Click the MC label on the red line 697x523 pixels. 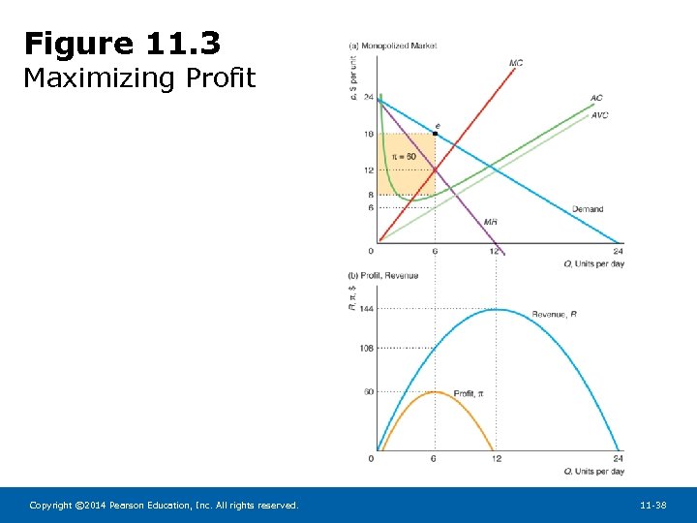coord(516,64)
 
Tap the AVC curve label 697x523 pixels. coord(599,115)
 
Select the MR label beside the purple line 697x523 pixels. coord(491,222)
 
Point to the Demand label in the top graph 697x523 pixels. coord(587,208)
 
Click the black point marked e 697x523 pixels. coord(435,134)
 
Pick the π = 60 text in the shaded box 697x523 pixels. coord(404,157)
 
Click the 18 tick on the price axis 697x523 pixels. coord(369,134)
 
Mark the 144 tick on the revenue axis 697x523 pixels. coord(367,309)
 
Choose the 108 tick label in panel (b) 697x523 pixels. coord(367,348)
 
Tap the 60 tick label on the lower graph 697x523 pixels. coord(369,392)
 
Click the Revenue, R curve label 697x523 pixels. coord(554,314)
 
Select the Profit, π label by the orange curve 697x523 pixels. coord(469,393)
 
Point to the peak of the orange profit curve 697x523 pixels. coord(435,391)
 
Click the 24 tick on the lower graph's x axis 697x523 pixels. coord(617,458)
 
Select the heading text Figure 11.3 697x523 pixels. coord(122,44)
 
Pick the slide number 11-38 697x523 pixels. coord(652,506)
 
